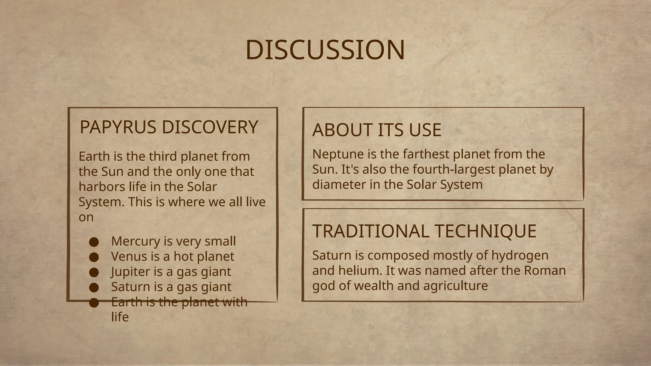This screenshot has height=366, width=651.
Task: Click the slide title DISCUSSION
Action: (x=325, y=50)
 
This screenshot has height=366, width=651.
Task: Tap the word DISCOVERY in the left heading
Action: (x=210, y=127)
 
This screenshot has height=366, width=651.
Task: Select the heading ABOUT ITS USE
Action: (x=377, y=130)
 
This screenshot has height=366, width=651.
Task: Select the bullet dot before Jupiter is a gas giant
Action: (x=93, y=272)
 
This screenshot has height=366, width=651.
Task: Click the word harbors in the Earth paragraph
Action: (x=97, y=186)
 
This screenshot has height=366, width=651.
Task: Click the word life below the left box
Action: (x=120, y=317)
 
